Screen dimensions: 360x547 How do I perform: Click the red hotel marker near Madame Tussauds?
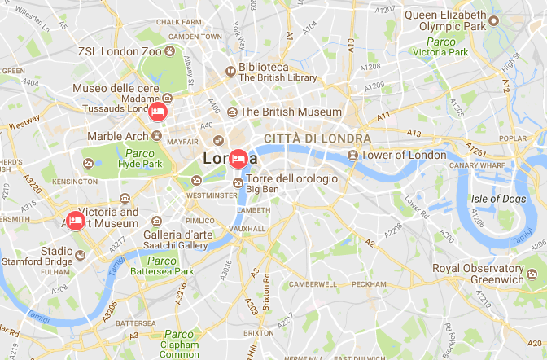[159, 110]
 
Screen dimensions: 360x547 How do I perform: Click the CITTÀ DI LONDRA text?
[317, 138]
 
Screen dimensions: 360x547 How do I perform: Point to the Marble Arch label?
[118, 136]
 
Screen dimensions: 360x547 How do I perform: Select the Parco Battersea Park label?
[162, 266]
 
